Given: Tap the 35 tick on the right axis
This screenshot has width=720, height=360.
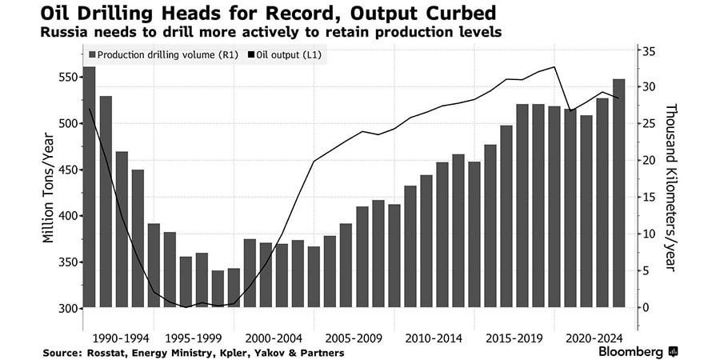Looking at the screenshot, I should click(x=650, y=51).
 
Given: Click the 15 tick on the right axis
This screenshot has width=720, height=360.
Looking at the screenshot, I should click(x=650, y=198).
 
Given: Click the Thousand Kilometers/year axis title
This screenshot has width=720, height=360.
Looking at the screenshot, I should click(x=670, y=188).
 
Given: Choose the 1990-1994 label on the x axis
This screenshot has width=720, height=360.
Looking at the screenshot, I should click(x=122, y=338).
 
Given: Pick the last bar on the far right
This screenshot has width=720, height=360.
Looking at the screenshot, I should click(x=618, y=192).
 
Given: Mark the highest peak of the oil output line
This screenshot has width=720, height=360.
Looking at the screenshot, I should click(x=554, y=67).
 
